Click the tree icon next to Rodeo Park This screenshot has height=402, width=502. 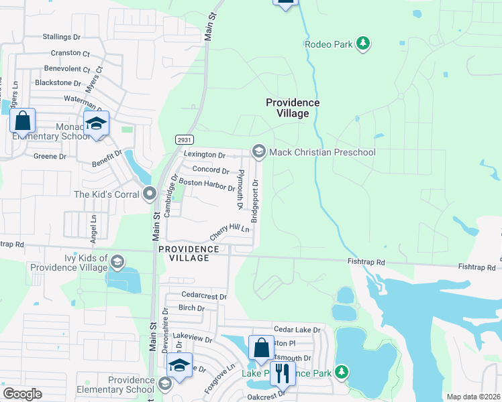coord(363,44)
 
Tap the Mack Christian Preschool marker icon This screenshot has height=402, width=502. coord(258,152)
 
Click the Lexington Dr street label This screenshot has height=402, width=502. coord(204,155)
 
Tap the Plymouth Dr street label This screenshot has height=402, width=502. coord(240,188)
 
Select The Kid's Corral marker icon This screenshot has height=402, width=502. coord(150,194)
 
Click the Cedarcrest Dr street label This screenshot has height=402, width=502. coord(204,295)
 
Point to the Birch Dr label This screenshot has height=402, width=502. coord(191,308)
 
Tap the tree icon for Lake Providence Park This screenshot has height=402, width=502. coord(342,371)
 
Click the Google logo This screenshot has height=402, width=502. coord(22,394)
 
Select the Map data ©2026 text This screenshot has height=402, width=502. coord(473,397)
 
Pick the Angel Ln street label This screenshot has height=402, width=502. coord(94,218)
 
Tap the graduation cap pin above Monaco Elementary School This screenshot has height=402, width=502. coord(96,124)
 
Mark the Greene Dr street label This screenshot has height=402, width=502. coord(50,156)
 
